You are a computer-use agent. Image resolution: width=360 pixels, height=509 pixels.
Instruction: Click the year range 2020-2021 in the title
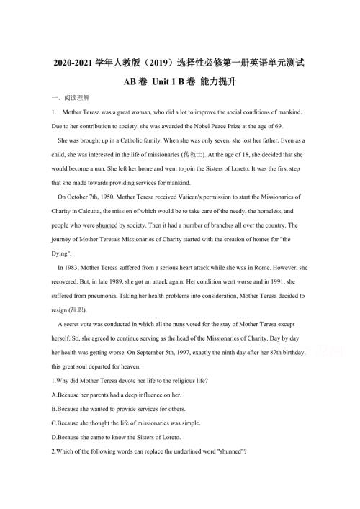(x=76, y=63)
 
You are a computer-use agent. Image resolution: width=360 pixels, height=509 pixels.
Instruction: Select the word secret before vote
(x=71, y=323)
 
